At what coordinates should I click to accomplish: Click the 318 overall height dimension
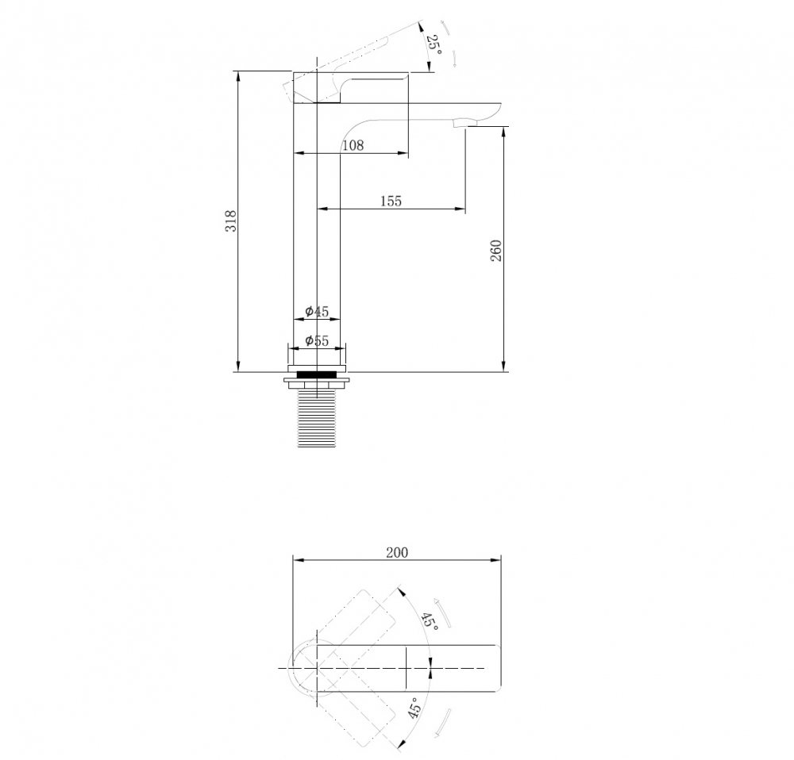click(x=231, y=221)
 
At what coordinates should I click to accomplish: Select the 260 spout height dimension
click(x=496, y=251)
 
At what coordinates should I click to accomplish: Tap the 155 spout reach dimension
click(x=391, y=202)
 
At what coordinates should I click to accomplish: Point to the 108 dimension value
click(x=353, y=146)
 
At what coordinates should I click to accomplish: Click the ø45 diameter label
click(x=317, y=311)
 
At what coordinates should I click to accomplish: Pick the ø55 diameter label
click(x=317, y=340)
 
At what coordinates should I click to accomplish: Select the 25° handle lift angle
click(x=434, y=45)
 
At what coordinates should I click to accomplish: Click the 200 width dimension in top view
click(x=397, y=552)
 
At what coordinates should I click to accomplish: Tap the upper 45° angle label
click(x=430, y=620)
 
